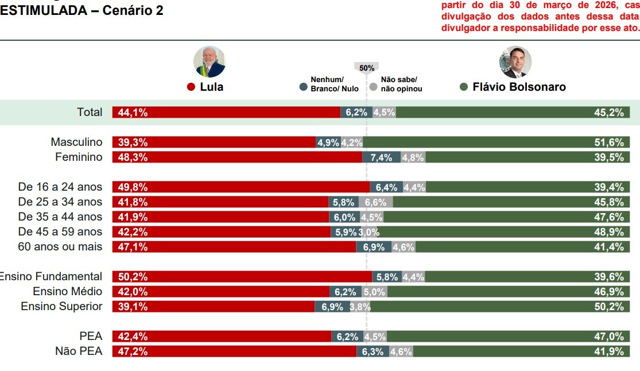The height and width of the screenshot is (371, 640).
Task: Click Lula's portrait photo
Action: click(210, 62)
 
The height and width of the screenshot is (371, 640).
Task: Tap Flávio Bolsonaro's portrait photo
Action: click(515, 62)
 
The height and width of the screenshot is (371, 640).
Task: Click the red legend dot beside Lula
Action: click(192, 87)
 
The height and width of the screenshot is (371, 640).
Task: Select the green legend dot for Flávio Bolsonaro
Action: click(464, 87)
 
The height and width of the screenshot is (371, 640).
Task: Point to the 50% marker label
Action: click(367, 68)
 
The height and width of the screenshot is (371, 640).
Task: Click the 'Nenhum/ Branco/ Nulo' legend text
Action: click(335, 84)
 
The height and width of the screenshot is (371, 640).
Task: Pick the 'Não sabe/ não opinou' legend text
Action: click(401, 84)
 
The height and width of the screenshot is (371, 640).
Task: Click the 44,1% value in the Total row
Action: click(133, 113)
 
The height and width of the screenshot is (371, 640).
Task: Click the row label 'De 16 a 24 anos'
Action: click(60, 187)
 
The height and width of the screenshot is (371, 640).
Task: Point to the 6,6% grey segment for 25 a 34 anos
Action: click(376, 202)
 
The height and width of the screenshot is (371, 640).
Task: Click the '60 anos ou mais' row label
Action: click(60, 247)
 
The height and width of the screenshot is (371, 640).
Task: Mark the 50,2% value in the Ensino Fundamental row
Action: click(133, 277)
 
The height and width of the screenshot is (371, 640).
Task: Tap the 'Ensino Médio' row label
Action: click(68, 292)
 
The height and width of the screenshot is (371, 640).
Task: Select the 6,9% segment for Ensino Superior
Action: click(332, 307)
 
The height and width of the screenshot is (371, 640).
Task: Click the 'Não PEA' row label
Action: click(79, 351)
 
